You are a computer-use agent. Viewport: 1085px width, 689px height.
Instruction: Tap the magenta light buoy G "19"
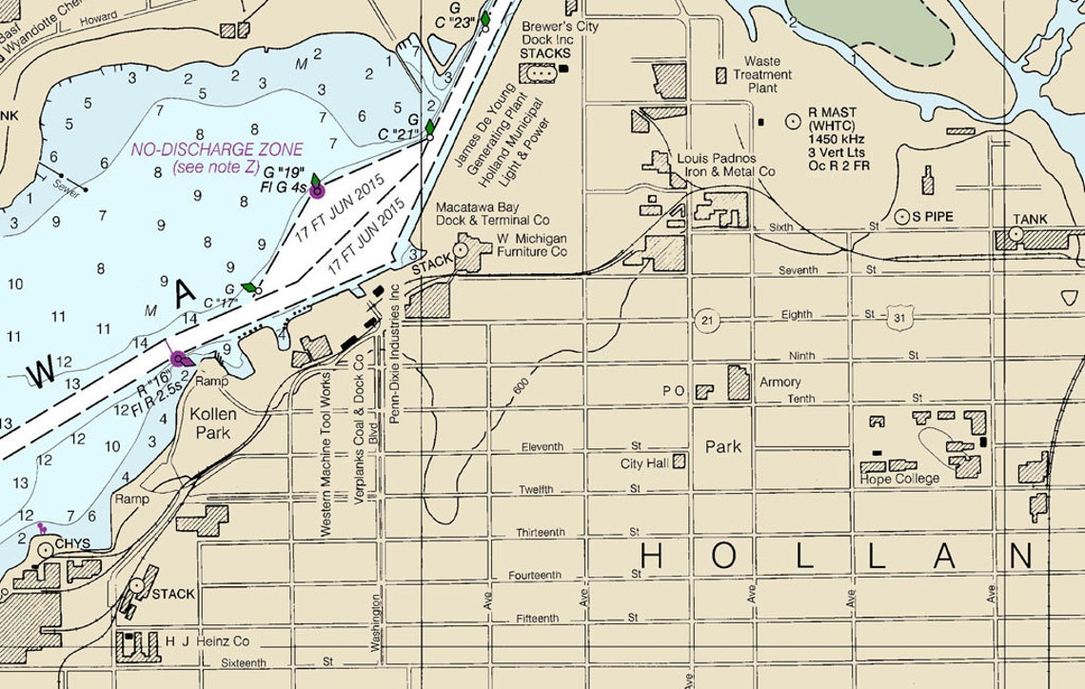[x=317, y=190]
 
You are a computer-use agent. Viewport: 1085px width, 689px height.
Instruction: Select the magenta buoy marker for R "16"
[x=178, y=358]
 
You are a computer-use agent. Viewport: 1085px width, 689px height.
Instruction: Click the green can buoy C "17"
[x=249, y=286]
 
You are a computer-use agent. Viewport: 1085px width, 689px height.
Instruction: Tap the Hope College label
[x=899, y=478]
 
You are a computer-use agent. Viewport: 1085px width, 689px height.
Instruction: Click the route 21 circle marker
[x=704, y=319]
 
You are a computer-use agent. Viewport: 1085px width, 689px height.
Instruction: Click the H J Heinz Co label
[x=208, y=642]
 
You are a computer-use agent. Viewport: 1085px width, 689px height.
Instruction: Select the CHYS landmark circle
[x=45, y=549]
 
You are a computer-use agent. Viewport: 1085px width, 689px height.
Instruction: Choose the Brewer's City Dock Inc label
[x=560, y=34]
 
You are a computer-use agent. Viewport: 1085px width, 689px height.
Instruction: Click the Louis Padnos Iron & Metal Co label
[x=725, y=165]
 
